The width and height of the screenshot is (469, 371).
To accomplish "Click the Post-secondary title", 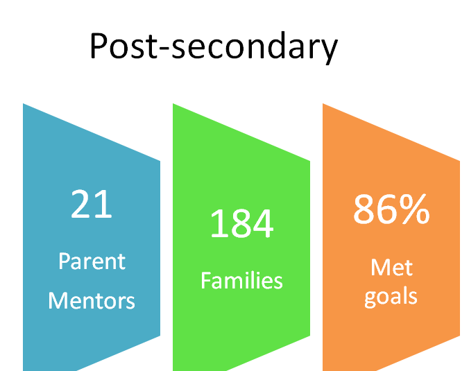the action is click(214, 47).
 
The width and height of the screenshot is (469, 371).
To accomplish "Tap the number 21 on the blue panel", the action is click(91, 204).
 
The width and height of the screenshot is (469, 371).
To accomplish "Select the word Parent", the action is click(92, 261).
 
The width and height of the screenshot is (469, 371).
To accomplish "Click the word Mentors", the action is click(92, 300).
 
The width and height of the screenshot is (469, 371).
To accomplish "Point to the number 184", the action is click(241, 223).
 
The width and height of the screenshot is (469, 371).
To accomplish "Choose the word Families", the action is click(241, 280).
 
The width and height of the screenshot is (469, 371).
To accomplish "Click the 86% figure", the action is click(391, 209).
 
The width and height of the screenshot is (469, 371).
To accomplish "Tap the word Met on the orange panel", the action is click(391, 267).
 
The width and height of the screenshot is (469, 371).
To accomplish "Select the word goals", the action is click(391, 297).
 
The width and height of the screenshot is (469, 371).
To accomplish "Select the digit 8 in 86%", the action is click(364, 209).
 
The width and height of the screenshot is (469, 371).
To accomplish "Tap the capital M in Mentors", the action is click(57, 300).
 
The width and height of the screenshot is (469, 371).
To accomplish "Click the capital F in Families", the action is click(206, 280).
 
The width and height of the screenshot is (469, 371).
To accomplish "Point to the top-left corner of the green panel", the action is click(173, 103).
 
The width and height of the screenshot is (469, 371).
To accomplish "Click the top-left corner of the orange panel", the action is click(323, 103).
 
